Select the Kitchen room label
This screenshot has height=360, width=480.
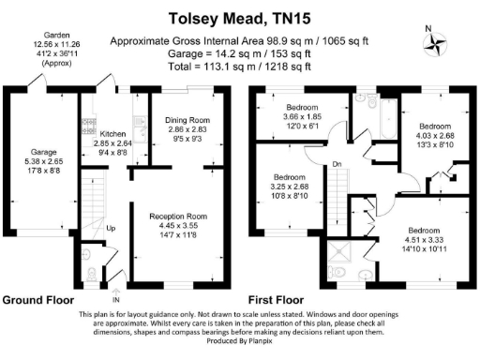(x=112, y=134)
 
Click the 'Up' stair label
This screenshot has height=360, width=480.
(x=111, y=228)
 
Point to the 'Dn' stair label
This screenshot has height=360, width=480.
(x=336, y=166)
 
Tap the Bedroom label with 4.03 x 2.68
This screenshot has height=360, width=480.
(x=434, y=126)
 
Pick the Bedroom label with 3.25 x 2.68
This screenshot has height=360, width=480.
(x=289, y=177)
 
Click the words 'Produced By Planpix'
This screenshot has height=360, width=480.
(x=241, y=341)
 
